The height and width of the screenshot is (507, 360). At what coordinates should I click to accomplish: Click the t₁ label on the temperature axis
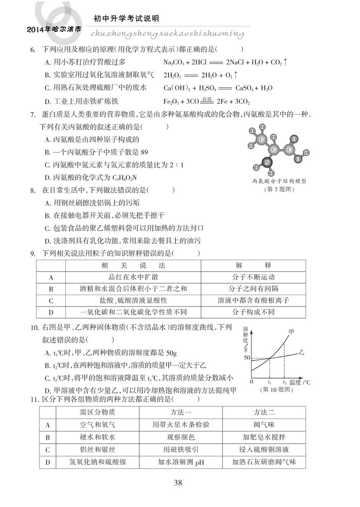pos(269,383)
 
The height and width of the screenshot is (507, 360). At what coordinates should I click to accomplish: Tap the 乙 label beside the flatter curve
pos(302,353)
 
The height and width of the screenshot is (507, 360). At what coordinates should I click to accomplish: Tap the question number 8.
pos(32,190)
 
